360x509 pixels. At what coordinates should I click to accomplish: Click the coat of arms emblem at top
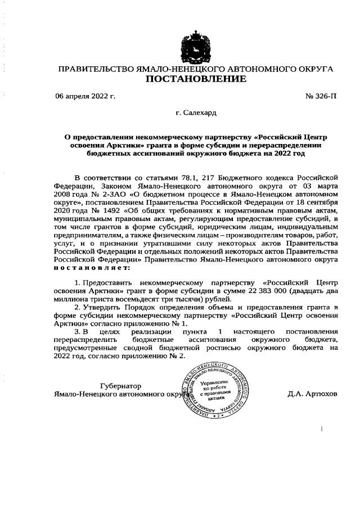pos(196,46)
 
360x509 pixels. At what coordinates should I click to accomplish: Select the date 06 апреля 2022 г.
pos(85,96)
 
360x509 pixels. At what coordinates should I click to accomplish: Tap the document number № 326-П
pos(321,96)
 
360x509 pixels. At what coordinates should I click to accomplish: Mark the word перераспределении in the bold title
pos(272,145)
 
